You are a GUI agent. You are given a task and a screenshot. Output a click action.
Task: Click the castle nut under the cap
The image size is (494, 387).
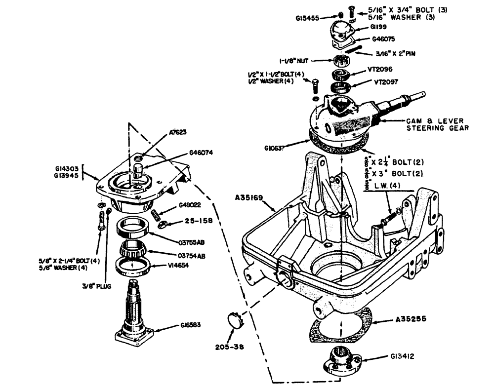tap(342, 62)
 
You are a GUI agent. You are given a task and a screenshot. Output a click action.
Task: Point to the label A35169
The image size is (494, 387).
tap(253, 198)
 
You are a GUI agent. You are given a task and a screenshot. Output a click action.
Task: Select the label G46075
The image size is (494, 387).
tap(382, 38)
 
